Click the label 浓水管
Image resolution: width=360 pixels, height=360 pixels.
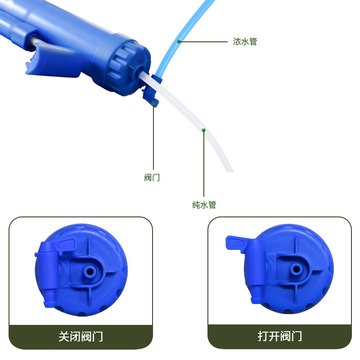(245, 42)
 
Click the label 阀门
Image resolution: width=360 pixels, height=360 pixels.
(152, 178)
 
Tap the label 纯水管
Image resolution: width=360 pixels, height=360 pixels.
(204, 205)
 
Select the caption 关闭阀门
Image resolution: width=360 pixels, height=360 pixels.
(81, 336)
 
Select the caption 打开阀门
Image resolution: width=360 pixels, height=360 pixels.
(279, 336)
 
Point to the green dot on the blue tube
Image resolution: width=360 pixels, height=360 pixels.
(179, 41)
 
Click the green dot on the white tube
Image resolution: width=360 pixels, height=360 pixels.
(204, 130)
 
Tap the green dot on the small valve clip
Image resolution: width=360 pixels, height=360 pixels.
(153, 103)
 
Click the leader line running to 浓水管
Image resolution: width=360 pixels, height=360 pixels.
(205, 42)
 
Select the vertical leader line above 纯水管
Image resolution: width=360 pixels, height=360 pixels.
(204, 166)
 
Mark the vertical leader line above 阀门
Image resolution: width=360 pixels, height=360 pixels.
(153, 139)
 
